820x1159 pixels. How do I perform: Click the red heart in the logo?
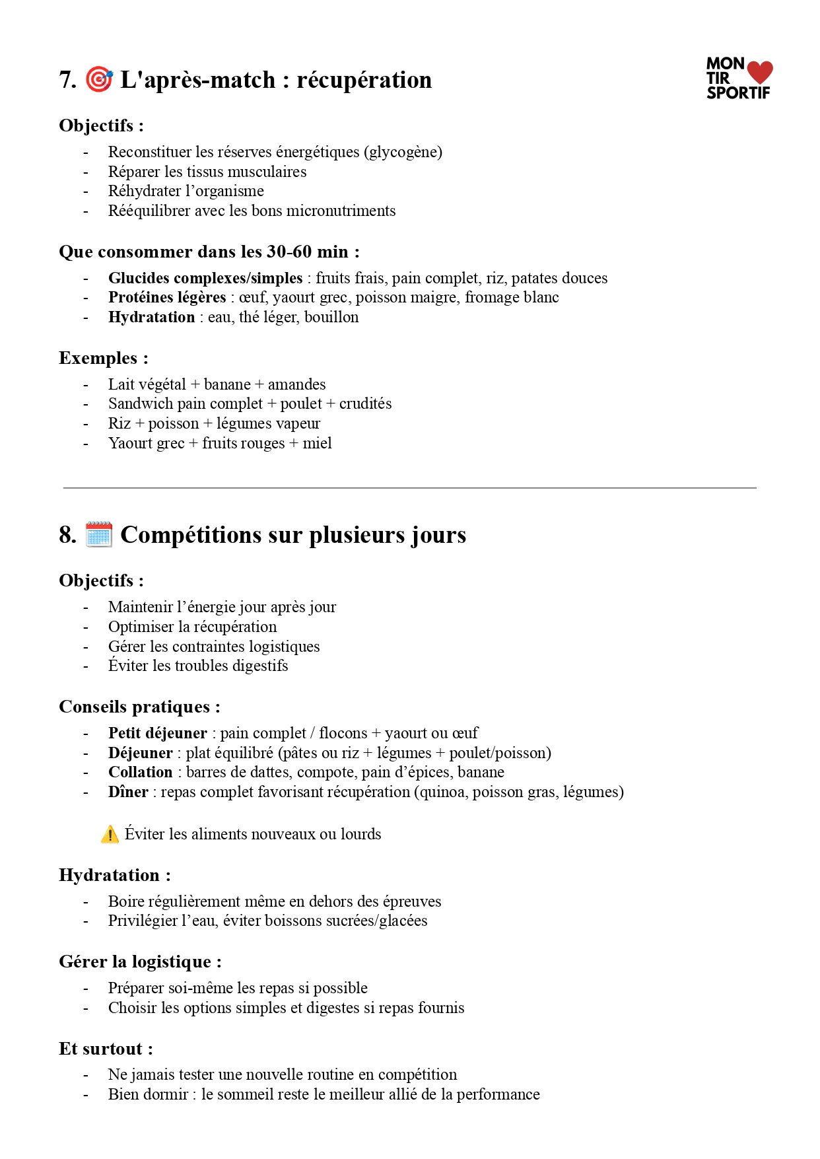[x=760, y=72]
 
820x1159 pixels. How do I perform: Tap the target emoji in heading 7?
[x=99, y=80]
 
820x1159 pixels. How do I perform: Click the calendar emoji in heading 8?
[x=99, y=534]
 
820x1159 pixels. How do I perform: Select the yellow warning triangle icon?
[x=110, y=834]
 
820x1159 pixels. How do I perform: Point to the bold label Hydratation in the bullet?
[x=151, y=317]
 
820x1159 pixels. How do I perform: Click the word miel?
[x=317, y=443]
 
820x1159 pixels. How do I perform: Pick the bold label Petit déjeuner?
[x=157, y=733]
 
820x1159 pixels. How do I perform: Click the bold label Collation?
[x=140, y=772]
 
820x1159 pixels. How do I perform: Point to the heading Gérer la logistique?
[x=140, y=962]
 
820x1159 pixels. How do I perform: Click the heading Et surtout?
[x=106, y=1049]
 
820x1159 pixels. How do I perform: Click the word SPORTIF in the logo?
[x=738, y=93]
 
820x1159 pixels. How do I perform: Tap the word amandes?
[x=296, y=384]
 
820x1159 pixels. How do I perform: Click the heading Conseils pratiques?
[x=139, y=707]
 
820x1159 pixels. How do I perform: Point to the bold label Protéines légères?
[x=167, y=297]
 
